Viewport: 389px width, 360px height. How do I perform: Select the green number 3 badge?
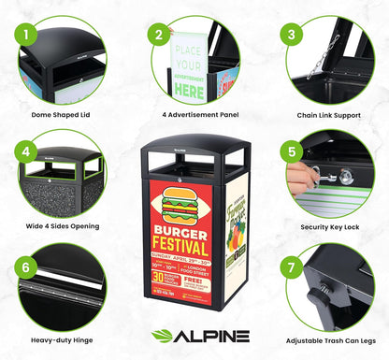[293, 35]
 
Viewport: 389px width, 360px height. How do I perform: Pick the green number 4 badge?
[28, 152]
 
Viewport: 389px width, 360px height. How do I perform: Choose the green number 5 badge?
[293, 152]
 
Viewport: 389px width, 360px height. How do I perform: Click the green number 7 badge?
[293, 266]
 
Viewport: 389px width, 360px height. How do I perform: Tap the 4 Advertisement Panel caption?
[194, 116]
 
